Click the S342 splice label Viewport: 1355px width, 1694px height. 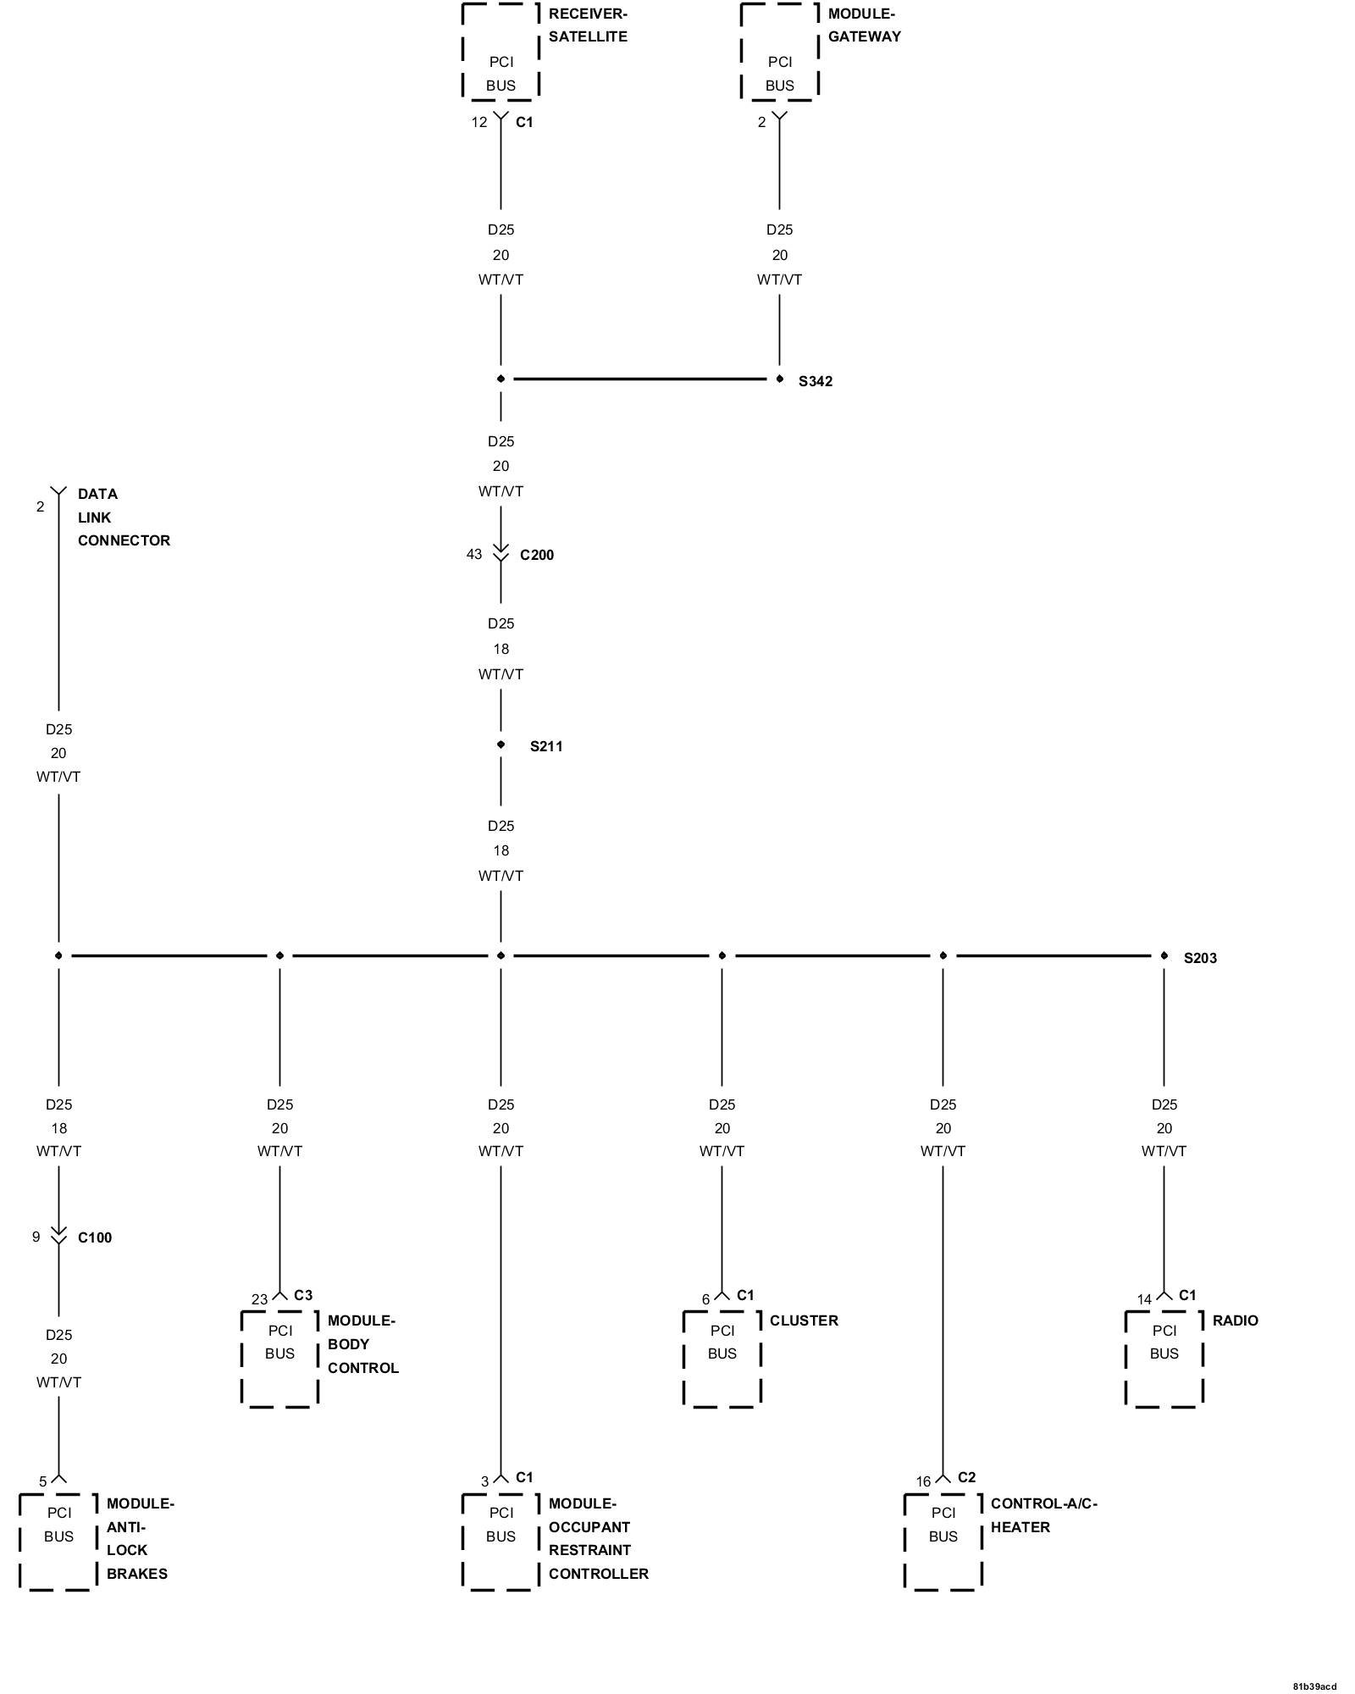click(815, 381)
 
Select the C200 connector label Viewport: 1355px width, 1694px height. click(536, 555)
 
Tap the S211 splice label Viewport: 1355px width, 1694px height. click(546, 746)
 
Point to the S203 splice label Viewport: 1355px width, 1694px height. click(1200, 958)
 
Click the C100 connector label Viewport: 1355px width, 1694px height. click(95, 1237)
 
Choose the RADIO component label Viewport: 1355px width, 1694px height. click(1235, 1320)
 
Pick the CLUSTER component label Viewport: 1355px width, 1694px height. click(804, 1320)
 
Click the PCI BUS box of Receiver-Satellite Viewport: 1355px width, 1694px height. click(501, 53)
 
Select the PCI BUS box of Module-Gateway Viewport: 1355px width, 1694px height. click(779, 53)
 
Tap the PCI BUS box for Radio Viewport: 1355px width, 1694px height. click(1164, 1359)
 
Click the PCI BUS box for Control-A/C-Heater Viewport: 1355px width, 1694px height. click(943, 1542)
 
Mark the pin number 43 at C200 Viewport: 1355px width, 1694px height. click(474, 554)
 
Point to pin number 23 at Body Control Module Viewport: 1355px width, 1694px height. click(259, 1299)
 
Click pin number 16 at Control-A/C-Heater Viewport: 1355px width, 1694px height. click(923, 1481)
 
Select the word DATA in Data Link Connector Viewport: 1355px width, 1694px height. click(97, 494)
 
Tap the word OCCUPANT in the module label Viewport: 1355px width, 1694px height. click(589, 1527)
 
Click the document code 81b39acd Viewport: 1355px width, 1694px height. click(1314, 1686)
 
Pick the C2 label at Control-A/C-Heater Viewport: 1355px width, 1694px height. click(966, 1477)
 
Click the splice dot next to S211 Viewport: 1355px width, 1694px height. click(501, 745)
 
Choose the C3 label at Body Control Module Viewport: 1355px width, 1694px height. click(303, 1295)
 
